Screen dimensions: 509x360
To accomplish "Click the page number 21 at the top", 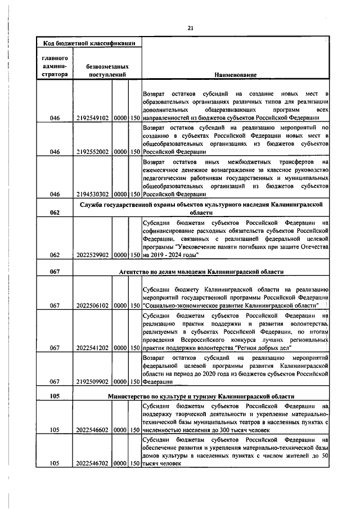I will click(190, 28).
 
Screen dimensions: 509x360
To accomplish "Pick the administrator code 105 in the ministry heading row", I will click(55, 396).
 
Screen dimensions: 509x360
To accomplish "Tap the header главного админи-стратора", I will click(55, 66).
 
